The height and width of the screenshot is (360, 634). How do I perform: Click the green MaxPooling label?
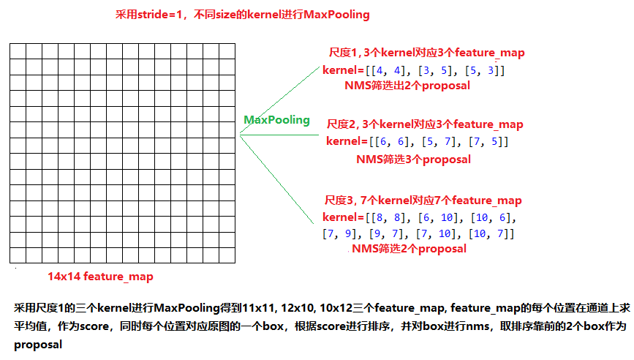[276, 120]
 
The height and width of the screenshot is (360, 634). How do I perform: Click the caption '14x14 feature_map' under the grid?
[101, 277]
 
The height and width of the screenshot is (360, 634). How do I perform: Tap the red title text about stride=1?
[243, 15]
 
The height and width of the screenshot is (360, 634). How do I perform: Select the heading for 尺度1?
[426, 53]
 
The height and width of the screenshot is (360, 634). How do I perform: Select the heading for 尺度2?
[424, 124]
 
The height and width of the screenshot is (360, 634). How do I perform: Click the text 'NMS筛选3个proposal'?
[413, 159]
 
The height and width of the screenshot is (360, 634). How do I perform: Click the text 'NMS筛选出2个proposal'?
[407, 85]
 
